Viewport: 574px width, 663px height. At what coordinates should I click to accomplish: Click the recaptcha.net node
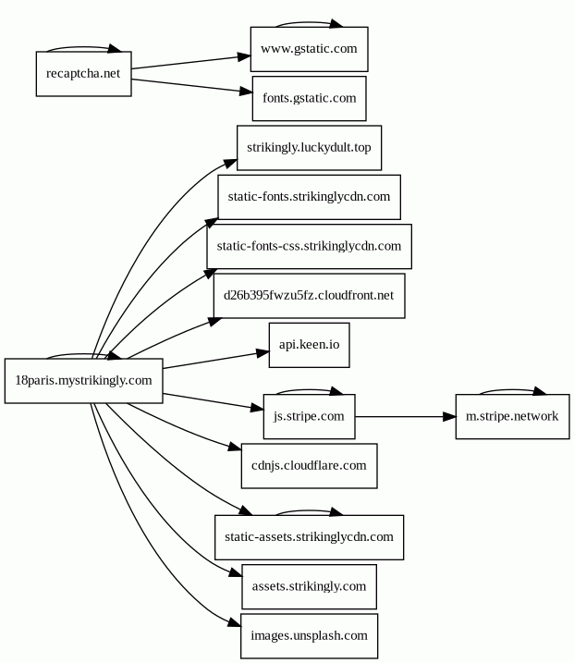coord(84,74)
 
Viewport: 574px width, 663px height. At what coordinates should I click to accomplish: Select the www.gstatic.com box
coord(309,49)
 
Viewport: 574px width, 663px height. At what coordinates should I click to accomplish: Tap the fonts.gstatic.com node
coord(309,99)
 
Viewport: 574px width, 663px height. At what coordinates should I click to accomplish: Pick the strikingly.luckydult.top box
coord(309,148)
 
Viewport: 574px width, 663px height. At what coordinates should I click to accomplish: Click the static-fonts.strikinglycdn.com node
coord(309,197)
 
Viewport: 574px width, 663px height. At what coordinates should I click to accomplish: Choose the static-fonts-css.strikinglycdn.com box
coord(309,247)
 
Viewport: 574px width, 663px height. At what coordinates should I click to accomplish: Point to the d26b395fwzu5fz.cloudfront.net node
coord(309,296)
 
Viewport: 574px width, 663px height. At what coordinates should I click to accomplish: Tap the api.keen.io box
coord(309,345)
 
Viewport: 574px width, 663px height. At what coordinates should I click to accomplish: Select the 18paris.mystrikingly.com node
coord(84,381)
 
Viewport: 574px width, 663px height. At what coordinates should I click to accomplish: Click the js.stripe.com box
coord(309,416)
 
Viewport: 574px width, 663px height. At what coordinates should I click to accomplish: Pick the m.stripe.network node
coord(512,416)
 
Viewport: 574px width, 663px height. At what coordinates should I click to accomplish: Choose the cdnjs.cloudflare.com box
coord(309,466)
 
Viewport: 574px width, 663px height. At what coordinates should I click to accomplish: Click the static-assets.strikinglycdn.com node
coord(309,537)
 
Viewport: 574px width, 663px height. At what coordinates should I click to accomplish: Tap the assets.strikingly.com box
coord(309,587)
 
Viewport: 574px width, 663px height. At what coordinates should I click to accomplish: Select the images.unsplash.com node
coord(309,636)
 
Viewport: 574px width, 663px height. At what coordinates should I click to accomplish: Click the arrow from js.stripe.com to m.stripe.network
coord(406,417)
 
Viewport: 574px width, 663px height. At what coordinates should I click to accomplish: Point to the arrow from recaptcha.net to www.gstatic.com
coord(190,62)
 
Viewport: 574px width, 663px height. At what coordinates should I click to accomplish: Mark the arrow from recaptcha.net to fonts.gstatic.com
coord(192,86)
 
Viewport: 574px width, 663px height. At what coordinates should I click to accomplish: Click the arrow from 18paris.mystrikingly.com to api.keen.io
coord(216,360)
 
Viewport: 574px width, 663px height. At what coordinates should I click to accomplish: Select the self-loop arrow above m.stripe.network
coord(512,390)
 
